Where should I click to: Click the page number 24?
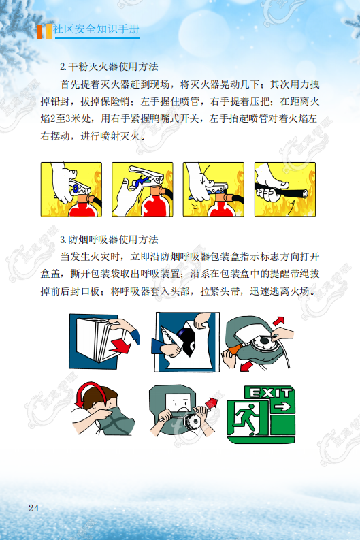click(x=34, y=508)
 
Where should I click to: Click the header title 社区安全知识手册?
click(x=96, y=29)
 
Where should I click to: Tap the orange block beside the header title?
click(x=41, y=32)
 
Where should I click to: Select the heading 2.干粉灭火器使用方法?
click(x=109, y=67)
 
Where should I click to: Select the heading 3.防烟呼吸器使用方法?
click(x=109, y=240)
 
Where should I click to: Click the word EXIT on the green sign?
click(x=271, y=393)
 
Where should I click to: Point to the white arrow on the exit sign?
click(x=283, y=407)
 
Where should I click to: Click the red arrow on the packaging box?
click(x=120, y=345)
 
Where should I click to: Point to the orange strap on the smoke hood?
click(x=234, y=349)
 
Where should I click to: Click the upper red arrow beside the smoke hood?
click(x=278, y=321)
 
